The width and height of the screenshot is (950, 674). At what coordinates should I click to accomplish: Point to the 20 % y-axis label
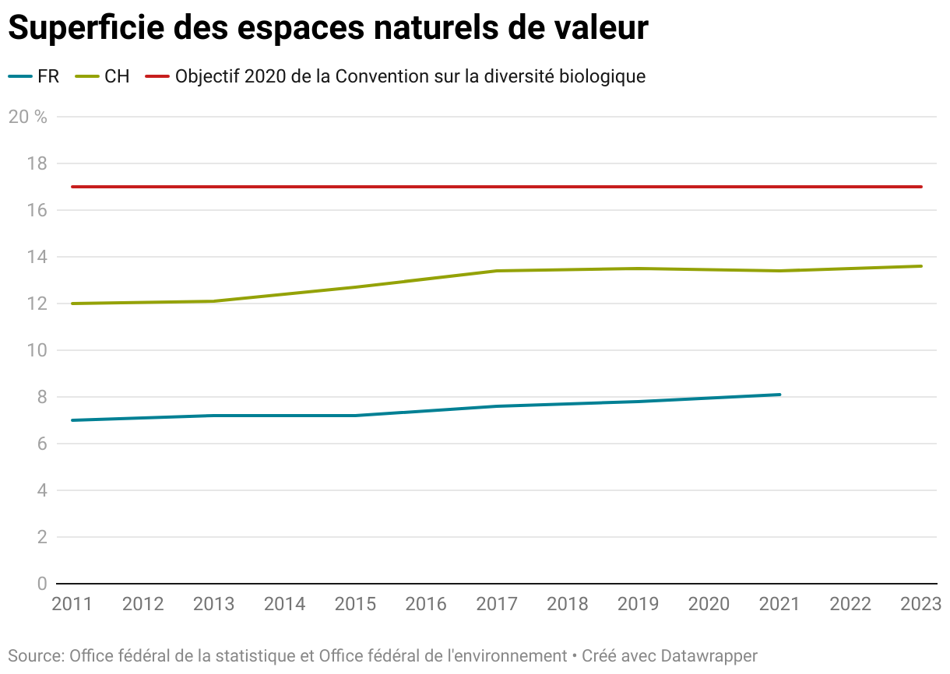tap(27, 117)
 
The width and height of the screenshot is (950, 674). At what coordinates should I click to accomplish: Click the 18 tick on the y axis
tap(38, 163)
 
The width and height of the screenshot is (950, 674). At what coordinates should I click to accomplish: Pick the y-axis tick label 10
tap(38, 350)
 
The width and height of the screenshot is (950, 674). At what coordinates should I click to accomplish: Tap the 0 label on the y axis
tap(42, 584)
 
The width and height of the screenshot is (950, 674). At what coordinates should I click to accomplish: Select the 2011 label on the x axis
tap(72, 604)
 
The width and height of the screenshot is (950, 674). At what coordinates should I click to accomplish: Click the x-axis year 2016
tap(426, 604)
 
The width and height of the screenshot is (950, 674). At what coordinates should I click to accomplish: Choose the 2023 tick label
tap(920, 604)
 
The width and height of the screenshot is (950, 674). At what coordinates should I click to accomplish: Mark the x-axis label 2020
tap(709, 604)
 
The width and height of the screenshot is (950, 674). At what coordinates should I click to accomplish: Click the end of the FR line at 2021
tap(779, 395)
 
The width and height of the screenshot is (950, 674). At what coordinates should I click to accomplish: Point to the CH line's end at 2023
tap(921, 266)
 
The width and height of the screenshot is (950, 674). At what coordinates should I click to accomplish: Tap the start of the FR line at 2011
tap(72, 420)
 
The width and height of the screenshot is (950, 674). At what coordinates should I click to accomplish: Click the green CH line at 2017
tap(497, 271)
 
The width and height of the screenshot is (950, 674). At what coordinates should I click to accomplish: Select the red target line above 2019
tap(639, 187)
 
